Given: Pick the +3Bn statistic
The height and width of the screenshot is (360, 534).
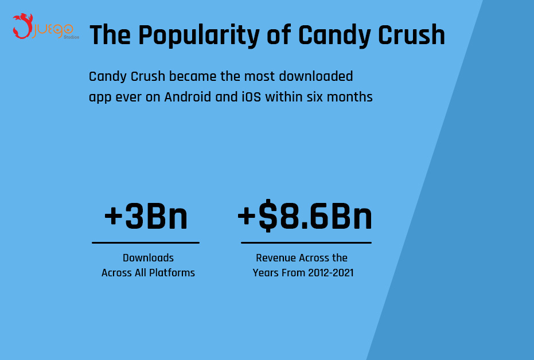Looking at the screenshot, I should point(146,217).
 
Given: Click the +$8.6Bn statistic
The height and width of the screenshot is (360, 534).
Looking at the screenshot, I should point(305,217).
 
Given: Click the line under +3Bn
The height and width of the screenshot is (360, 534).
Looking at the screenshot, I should point(146,242).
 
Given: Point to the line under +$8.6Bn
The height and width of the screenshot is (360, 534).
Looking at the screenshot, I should point(306,242).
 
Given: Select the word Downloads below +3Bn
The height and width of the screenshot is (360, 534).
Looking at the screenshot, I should point(148,258).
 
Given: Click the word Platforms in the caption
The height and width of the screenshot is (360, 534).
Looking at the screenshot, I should point(172,273).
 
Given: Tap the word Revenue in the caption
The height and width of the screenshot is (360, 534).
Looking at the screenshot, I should point(276,258).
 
